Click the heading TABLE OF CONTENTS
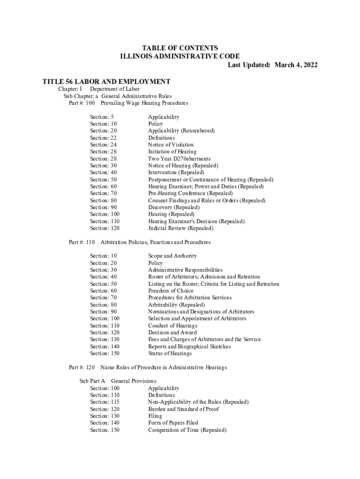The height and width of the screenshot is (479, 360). pos(180,48)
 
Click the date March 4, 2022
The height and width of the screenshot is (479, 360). pos(296,65)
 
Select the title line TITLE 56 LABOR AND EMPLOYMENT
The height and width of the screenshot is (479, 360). pos(106,82)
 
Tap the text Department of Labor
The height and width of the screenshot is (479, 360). pos(115,89)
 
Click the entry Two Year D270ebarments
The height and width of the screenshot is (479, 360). pos(179,159)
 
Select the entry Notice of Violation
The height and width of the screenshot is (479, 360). pos(171,145)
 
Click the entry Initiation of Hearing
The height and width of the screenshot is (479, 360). pos(172,152)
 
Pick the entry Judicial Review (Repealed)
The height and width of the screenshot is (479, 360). pos(180,228)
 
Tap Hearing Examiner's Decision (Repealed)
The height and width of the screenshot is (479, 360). pos(196,221)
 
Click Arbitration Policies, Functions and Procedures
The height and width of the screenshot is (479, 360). pos(155,242)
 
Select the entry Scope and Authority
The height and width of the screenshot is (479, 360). pos(173,256)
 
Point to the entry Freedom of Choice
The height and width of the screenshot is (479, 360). pos(171,290)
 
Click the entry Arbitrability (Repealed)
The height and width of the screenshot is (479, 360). pos(176,305)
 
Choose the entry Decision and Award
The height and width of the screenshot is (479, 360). pos(172,333)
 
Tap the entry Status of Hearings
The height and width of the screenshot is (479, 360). pos(170,353)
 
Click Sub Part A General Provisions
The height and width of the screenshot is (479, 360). pos(118,381)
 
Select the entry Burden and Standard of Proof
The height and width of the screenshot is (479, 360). pos(183,409)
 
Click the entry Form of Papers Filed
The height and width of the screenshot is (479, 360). pos(173,423)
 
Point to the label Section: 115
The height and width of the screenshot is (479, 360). pos(105,402)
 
